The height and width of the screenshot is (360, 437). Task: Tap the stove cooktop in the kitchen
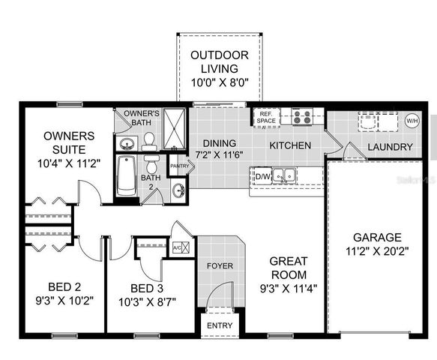pos(302,117)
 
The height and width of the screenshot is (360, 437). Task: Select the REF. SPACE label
pos(267,118)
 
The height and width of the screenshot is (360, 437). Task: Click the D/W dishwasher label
pos(262,177)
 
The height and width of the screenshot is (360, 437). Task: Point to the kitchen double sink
pos(285,176)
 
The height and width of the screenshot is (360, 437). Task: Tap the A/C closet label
pos(178,247)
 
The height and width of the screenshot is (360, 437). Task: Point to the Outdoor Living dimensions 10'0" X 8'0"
pos(220,83)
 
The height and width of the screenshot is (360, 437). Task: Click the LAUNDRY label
pos(390,147)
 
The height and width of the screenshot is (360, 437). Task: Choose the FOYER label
pos(220,265)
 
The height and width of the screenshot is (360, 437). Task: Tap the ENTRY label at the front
pos(220,325)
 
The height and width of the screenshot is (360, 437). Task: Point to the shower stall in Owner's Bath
pos(174,128)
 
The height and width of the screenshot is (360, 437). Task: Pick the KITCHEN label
pos(290,145)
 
